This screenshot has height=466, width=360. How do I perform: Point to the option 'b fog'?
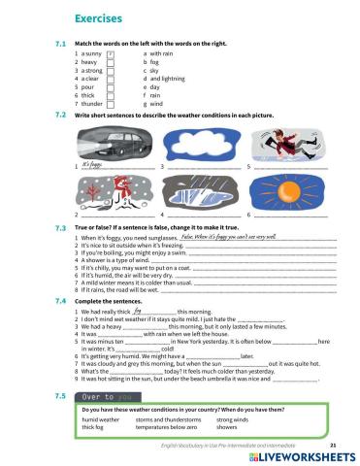click(x=151, y=62)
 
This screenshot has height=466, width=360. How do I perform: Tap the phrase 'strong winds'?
click(x=233, y=418)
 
